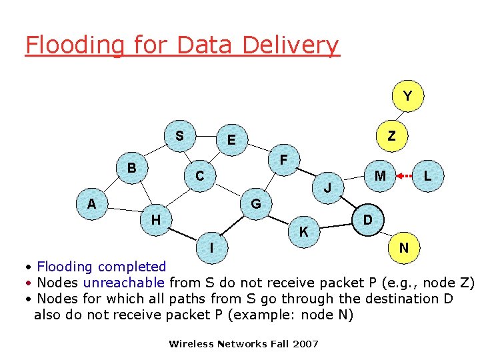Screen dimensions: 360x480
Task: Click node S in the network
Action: click(179, 136)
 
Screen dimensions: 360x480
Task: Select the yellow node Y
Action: click(407, 97)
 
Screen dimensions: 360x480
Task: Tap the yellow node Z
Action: click(391, 136)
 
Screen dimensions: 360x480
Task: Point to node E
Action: click(231, 140)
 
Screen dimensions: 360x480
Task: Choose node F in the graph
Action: click(284, 160)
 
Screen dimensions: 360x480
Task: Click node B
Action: click(132, 167)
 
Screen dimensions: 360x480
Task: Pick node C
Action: click(199, 176)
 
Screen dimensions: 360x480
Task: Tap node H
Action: click(155, 219)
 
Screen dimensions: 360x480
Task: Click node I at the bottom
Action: click(211, 247)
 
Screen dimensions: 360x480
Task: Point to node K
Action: click(303, 232)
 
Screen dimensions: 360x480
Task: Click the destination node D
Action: click(367, 220)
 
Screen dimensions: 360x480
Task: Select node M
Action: click(380, 176)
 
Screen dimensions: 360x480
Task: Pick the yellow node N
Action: click(403, 248)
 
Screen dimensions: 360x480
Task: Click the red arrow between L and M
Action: click(404, 177)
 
